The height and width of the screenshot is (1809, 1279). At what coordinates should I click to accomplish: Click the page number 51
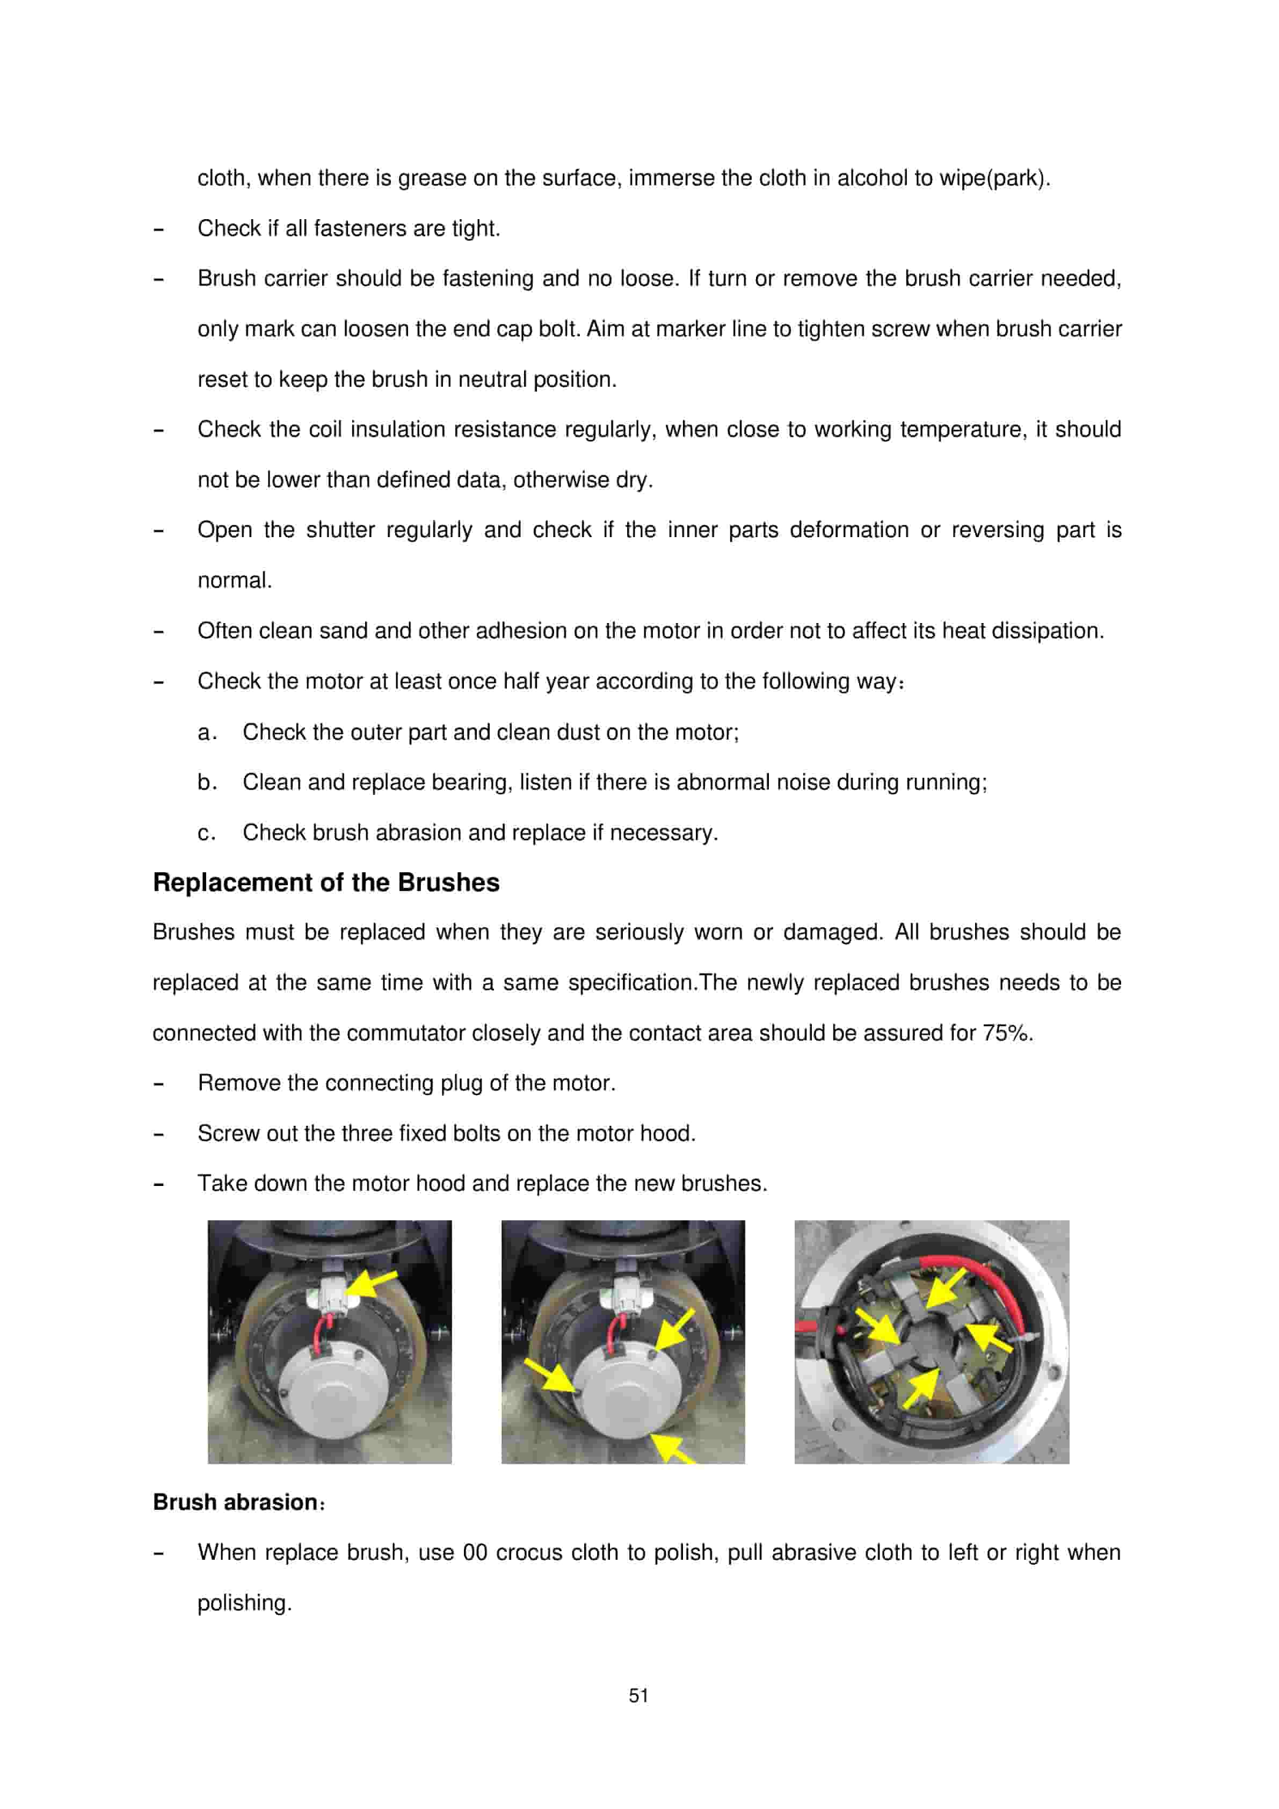pos(639,1696)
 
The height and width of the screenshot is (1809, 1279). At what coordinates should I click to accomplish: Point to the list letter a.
pos(204,733)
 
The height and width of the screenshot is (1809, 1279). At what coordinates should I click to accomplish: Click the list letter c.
pos(204,833)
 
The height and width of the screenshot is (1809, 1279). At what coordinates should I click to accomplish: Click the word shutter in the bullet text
pos(340,530)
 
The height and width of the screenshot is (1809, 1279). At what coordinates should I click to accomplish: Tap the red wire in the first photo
pos(319,1332)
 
